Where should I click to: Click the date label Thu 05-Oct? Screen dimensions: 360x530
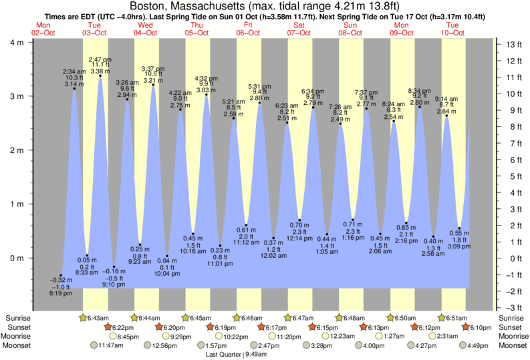196,29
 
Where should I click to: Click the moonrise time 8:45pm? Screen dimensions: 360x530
128,336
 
